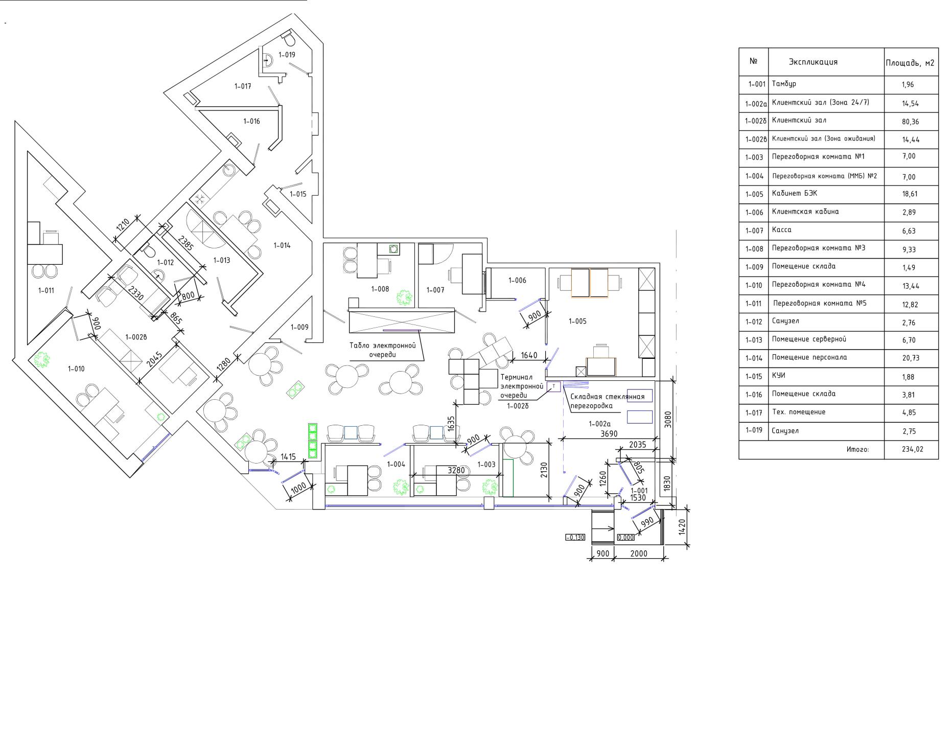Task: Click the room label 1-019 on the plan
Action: pos(287,55)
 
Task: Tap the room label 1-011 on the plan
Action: pos(46,290)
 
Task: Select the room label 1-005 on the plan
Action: pos(577,321)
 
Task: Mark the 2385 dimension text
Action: pos(186,243)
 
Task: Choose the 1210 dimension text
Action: pos(123,226)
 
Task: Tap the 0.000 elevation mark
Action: pos(626,537)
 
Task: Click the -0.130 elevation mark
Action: pos(575,537)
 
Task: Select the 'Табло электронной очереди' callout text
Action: pos(383,350)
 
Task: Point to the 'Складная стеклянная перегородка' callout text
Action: pos(608,401)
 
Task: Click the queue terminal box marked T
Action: pos(554,386)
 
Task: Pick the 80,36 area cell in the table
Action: pos(910,122)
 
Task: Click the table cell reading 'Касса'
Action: pos(782,230)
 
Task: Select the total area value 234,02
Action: pos(913,449)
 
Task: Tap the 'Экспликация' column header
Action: pos(813,62)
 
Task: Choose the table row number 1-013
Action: pos(754,340)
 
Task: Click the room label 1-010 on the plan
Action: pos(76,369)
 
